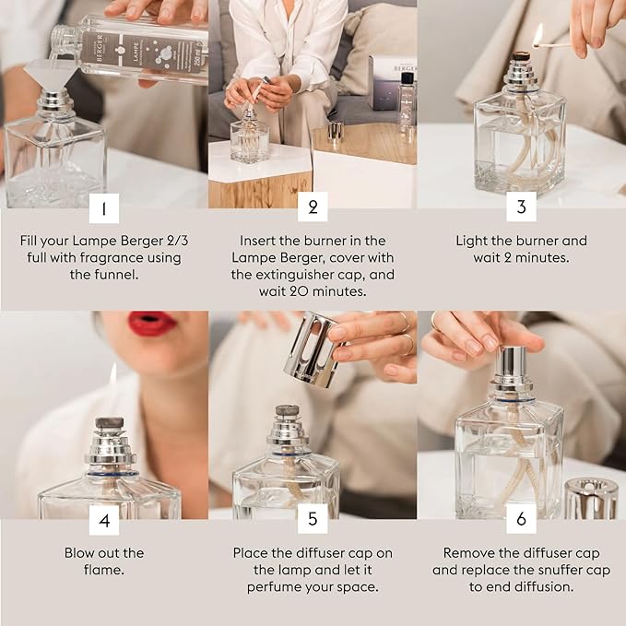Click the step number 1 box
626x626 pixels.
click(x=103, y=207)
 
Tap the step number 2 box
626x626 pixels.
click(x=313, y=207)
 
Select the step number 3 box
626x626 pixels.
click(x=521, y=207)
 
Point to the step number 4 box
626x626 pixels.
click(x=103, y=520)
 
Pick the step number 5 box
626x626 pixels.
click(x=313, y=520)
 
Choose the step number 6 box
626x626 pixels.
click(x=521, y=520)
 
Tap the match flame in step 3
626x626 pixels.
click(x=537, y=35)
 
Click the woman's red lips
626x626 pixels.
click(x=151, y=324)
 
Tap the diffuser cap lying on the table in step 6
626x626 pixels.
click(x=590, y=498)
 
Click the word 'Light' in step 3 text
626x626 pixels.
click(x=473, y=241)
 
